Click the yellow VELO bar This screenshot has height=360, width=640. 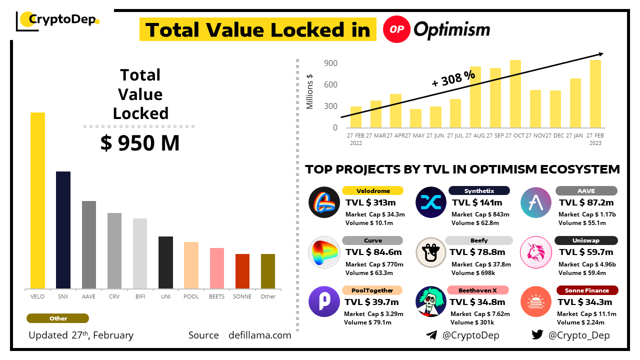(x=37, y=200)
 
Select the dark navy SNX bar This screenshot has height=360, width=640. (x=63, y=230)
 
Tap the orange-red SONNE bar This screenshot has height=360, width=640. (x=242, y=271)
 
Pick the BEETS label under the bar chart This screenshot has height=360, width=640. (x=216, y=296)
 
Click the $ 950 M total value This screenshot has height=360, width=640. (x=139, y=143)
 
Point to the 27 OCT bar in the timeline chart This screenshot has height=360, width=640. (x=515, y=94)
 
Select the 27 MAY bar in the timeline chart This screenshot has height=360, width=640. (x=415, y=118)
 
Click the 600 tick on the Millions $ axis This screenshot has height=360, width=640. (x=330, y=85)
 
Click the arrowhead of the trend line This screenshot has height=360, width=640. (x=601, y=53)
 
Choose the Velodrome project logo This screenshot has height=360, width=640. (x=324, y=202)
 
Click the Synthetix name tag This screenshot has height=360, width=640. (x=479, y=190)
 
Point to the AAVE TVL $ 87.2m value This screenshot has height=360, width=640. (x=586, y=202)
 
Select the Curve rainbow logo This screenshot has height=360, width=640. (x=324, y=251)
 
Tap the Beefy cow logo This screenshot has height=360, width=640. (x=431, y=252)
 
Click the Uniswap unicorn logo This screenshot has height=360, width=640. (x=536, y=251)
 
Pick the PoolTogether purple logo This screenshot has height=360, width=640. (x=324, y=301)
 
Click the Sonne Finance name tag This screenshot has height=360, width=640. (x=587, y=290)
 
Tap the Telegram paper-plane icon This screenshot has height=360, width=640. (x=431, y=335)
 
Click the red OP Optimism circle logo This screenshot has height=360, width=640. (x=396, y=29)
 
